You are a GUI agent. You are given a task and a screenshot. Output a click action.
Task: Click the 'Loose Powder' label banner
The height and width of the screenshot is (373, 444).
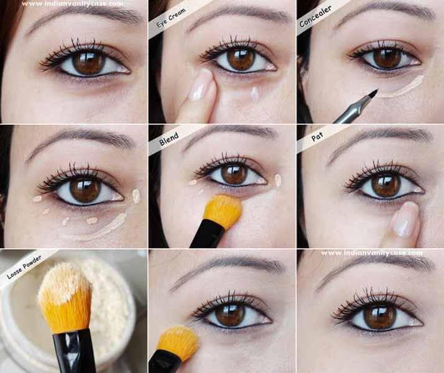click(24, 266)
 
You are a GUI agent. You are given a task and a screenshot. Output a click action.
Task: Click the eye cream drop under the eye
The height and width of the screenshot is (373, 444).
click(254, 93)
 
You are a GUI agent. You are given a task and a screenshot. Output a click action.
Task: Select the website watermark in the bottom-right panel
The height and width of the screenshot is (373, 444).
click(371, 253)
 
